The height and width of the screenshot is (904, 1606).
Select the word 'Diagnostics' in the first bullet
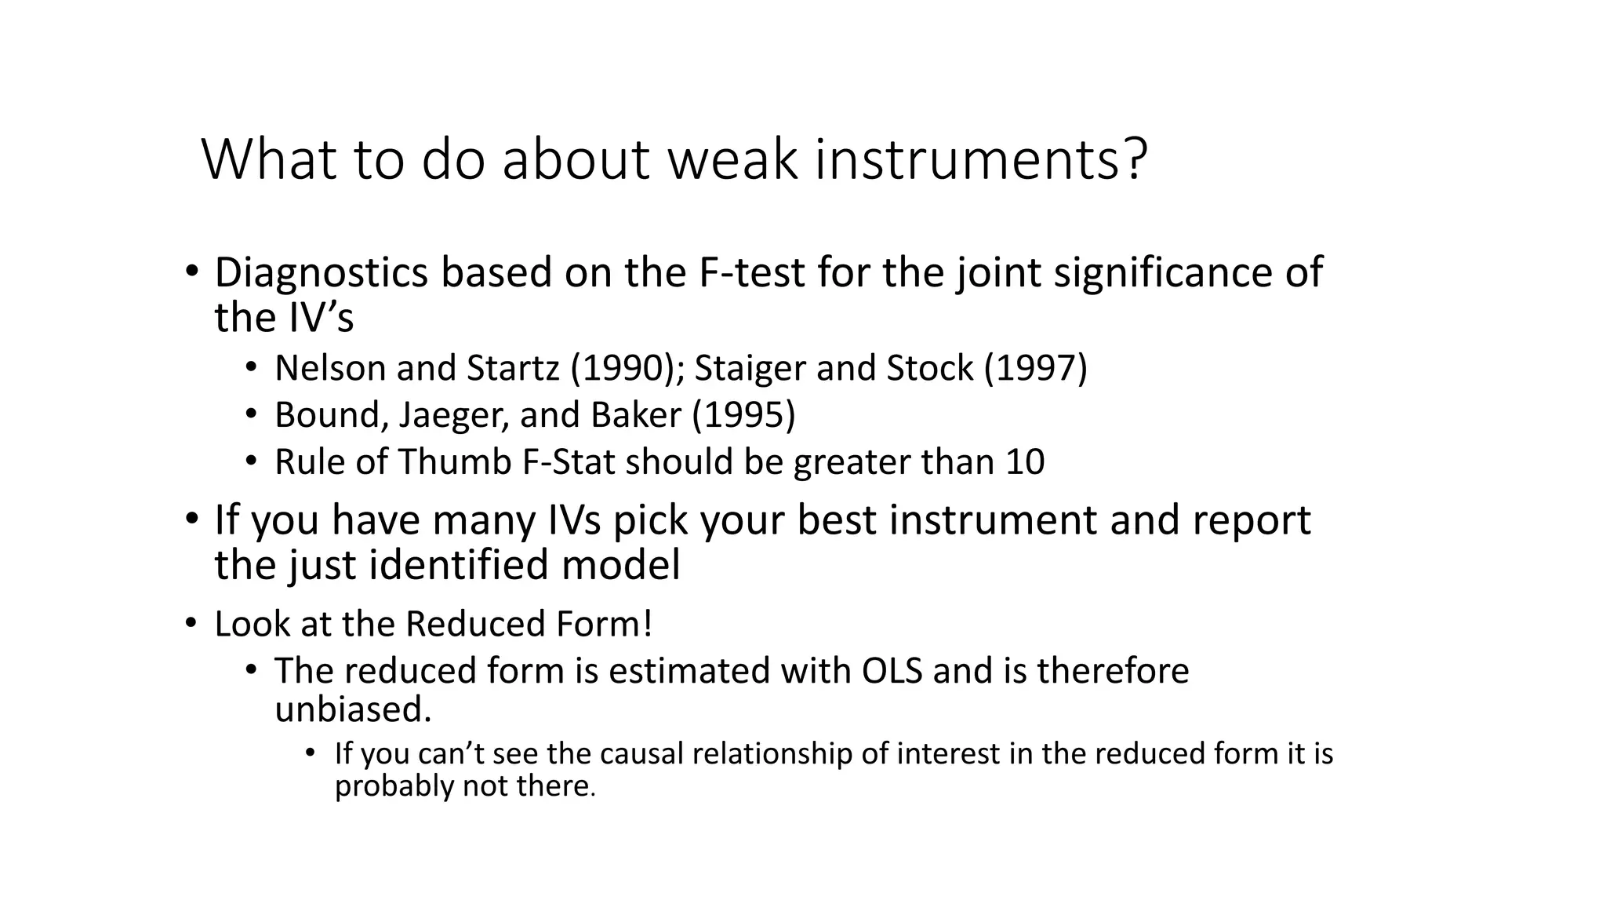[321, 273]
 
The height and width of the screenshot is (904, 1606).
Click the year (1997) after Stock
[1036, 368]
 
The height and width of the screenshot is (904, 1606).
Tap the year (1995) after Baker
[743, 415]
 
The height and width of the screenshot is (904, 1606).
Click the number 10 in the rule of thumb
[1024, 461]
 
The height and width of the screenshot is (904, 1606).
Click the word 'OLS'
[892, 672]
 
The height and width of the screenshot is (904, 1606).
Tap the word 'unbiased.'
[353, 709]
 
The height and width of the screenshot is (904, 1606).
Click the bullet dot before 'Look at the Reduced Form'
[191, 624]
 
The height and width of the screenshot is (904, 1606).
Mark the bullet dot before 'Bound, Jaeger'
[250, 414]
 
